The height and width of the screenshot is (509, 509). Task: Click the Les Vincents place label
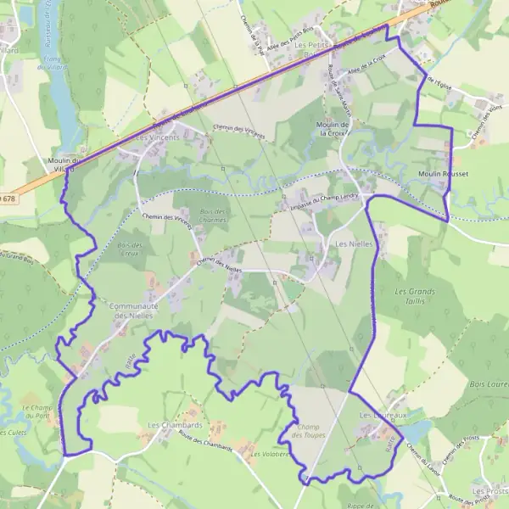tap(158, 137)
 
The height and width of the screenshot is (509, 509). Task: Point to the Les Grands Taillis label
tap(415, 296)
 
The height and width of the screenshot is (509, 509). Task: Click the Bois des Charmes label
tap(212, 215)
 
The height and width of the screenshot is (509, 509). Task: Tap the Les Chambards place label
tap(174, 424)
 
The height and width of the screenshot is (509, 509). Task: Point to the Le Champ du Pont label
tap(37, 412)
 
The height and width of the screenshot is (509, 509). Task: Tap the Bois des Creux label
tap(129, 249)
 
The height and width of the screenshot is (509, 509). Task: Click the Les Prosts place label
tap(490, 491)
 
